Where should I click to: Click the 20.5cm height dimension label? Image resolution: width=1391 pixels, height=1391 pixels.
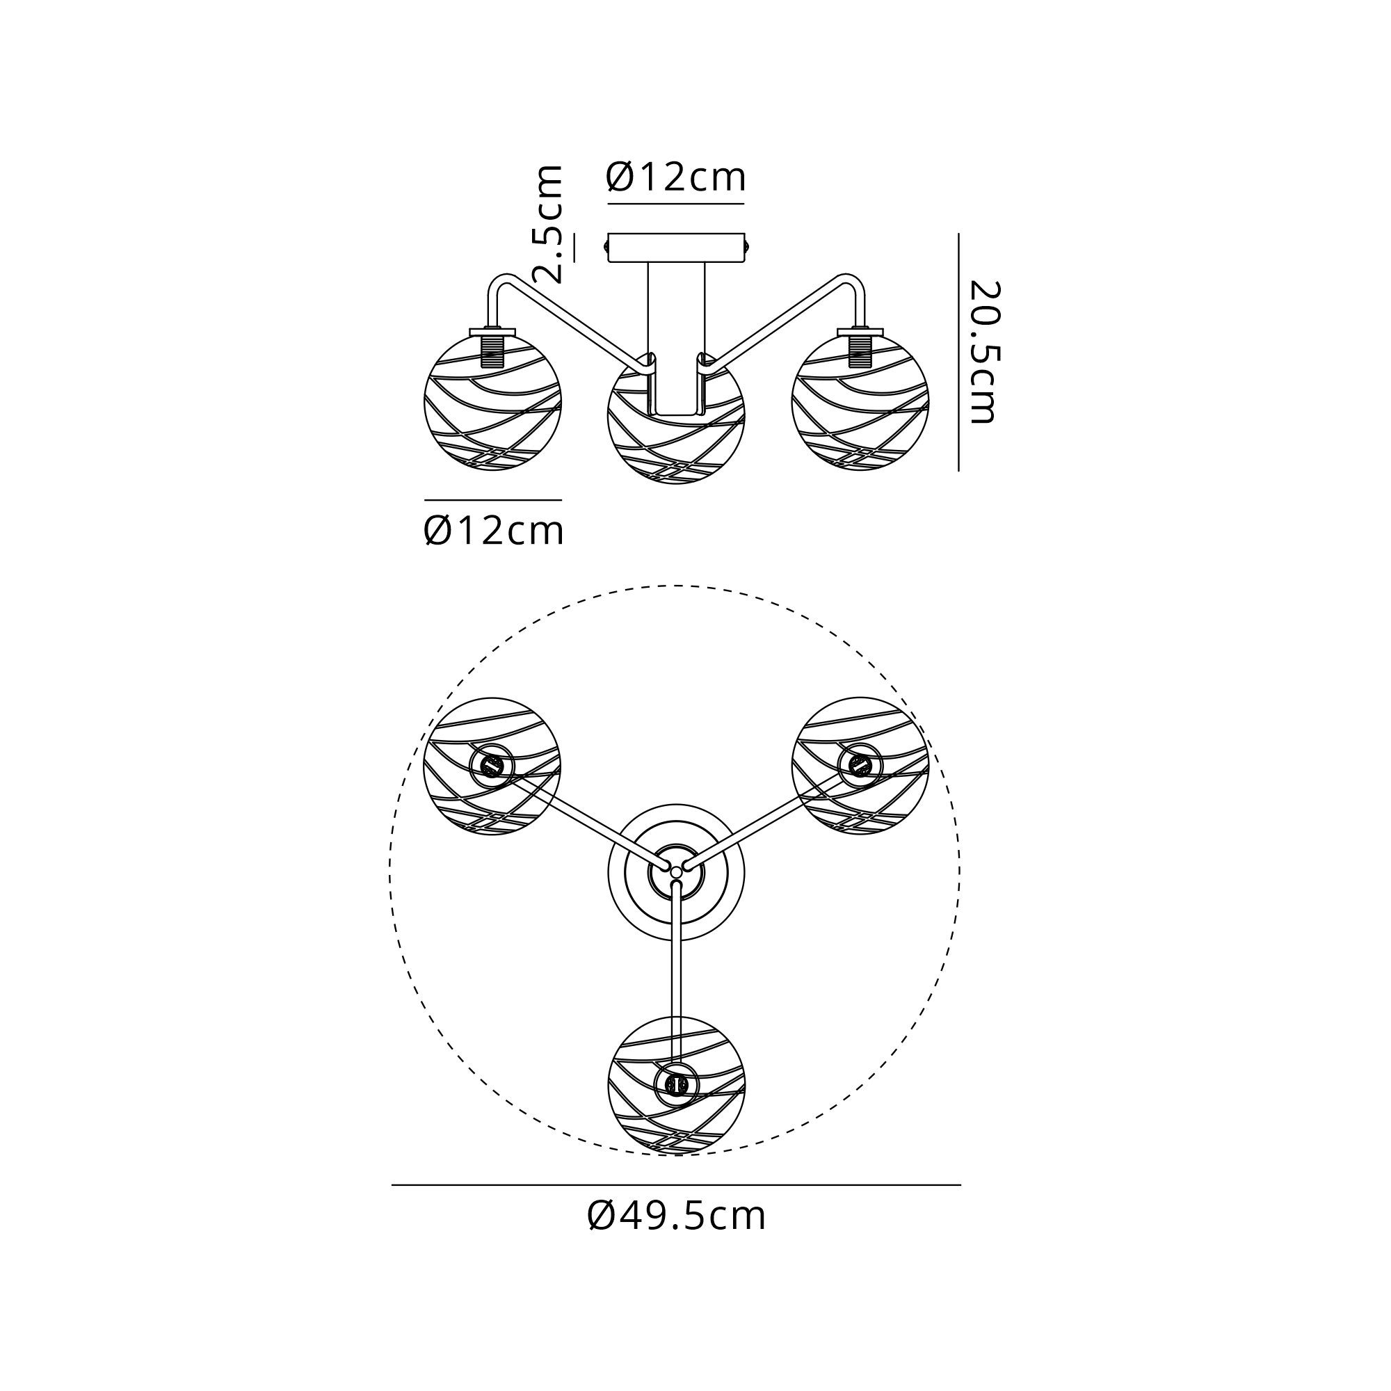[x=983, y=352]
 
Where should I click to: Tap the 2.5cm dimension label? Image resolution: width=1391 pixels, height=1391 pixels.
[x=547, y=223]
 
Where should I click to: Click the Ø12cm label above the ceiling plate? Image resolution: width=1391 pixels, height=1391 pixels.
[x=676, y=177]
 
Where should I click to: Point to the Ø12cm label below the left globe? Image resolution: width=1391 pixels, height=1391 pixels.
[x=493, y=531]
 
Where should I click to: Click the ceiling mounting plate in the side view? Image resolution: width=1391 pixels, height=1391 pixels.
[x=676, y=248]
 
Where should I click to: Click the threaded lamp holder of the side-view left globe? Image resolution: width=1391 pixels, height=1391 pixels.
[x=493, y=348]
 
